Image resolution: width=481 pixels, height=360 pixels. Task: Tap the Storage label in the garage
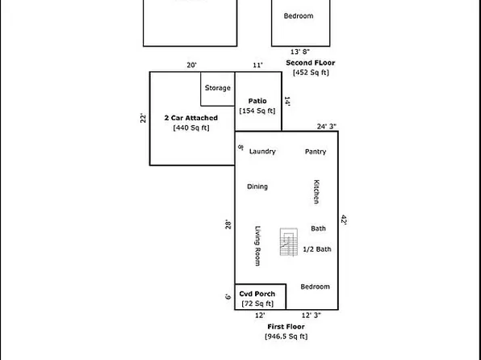pyautogui.click(x=217, y=88)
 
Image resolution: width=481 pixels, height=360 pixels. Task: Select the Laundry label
pyautogui.click(x=262, y=151)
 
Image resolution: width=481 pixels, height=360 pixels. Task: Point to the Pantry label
pyautogui.click(x=315, y=151)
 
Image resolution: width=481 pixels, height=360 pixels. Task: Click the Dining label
pyautogui.click(x=257, y=186)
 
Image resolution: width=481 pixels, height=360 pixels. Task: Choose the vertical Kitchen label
pyautogui.click(x=316, y=190)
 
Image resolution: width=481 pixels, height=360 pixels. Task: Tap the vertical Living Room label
pyautogui.click(x=258, y=245)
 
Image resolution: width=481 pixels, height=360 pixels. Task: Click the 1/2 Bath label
pyautogui.click(x=316, y=249)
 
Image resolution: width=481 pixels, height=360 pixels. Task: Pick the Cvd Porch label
pyautogui.click(x=257, y=293)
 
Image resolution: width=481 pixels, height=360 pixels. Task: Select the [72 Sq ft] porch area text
pyautogui.click(x=257, y=303)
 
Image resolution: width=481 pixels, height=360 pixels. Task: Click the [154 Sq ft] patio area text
pyautogui.click(x=257, y=111)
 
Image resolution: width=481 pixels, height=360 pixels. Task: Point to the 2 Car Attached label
pyautogui.click(x=190, y=118)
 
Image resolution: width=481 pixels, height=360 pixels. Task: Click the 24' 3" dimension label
pyautogui.click(x=326, y=126)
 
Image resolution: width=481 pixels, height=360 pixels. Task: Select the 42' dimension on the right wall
pyautogui.click(x=343, y=219)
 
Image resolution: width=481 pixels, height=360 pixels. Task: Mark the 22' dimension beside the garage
pyautogui.click(x=143, y=119)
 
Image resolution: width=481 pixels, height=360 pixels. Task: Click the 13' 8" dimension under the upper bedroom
pyautogui.click(x=299, y=52)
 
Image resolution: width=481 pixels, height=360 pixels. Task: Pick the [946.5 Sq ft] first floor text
pyautogui.click(x=286, y=336)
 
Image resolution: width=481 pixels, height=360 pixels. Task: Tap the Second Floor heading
pyautogui.click(x=309, y=62)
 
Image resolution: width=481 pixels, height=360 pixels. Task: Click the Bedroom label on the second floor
pyautogui.click(x=299, y=15)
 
